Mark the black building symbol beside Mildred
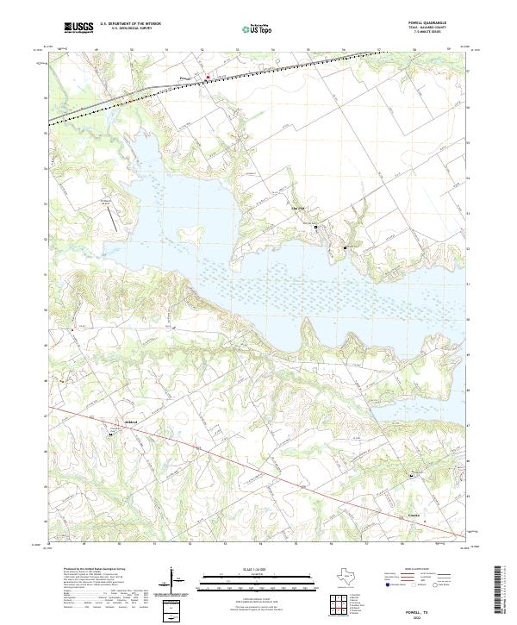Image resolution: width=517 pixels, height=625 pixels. [110, 434]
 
